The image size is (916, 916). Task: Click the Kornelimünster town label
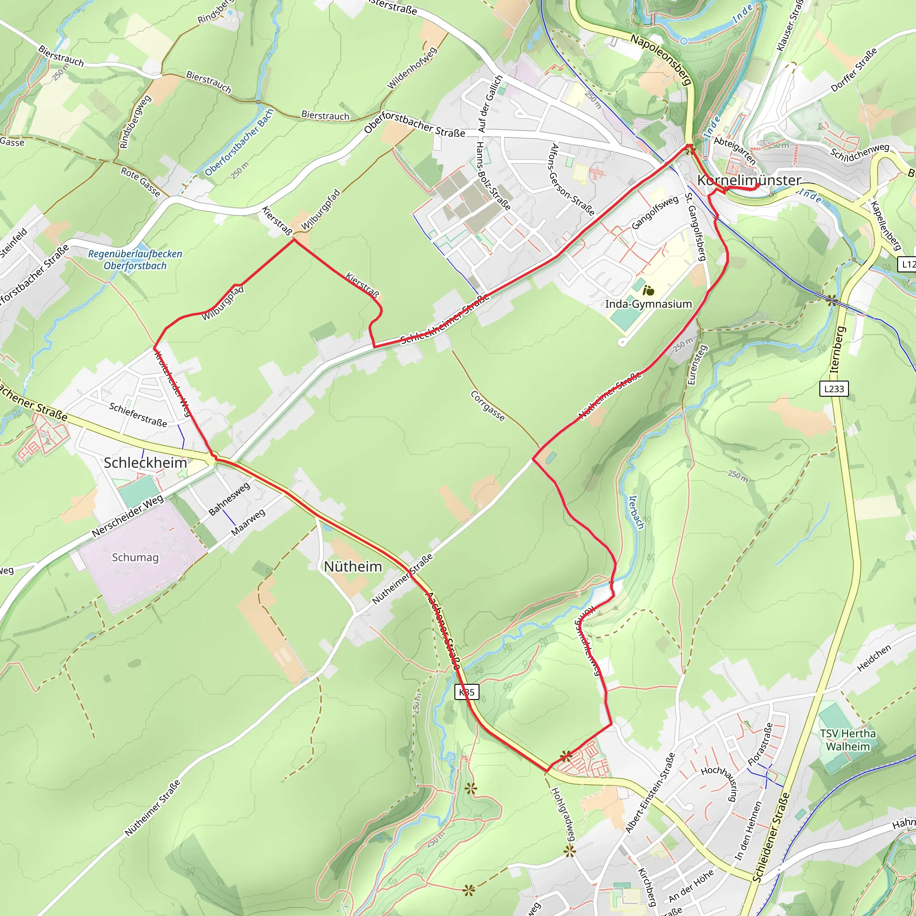point(749,180)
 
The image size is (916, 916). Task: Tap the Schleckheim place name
point(145,463)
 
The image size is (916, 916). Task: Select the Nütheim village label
point(353,566)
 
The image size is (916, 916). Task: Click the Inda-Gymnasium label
point(648,304)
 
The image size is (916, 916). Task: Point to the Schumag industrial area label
point(135,557)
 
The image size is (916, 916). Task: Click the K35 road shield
point(466,692)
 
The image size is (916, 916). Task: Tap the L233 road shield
point(834,389)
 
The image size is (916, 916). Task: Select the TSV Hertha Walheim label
point(848,740)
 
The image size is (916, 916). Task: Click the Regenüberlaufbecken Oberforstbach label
point(135,259)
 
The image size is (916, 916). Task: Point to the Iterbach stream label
point(636,512)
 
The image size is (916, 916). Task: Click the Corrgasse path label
point(488,406)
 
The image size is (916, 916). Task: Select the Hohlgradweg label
point(563,814)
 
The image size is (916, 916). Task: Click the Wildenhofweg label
point(411,68)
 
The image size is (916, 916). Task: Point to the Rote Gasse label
point(141,182)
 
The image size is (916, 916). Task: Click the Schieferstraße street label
point(138,414)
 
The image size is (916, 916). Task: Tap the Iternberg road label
point(838,349)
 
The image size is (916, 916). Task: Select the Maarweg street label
point(248,522)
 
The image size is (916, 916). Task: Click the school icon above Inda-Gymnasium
point(648,290)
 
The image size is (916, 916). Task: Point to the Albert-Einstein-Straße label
point(650,793)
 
